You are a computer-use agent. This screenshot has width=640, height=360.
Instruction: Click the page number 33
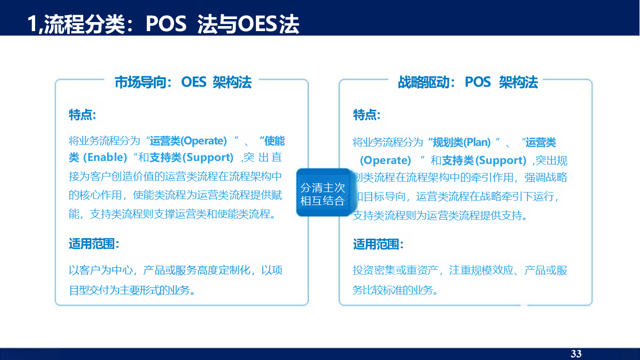[x=576, y=353]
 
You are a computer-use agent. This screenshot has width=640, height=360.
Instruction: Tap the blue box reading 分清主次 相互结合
[x=323, y=193]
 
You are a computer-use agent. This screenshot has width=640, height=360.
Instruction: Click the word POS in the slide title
[x=166, y=24]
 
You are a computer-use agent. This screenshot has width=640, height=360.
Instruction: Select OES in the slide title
[x=257, y=24]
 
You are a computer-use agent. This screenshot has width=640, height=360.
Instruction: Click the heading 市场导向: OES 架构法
[x=183, y=82]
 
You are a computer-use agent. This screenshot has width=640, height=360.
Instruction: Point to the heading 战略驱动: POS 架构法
[x=468, y=82]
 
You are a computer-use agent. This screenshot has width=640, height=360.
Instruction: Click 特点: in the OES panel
[x=82, y=115]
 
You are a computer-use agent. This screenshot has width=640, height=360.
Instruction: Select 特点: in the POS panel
[x=367, y=115]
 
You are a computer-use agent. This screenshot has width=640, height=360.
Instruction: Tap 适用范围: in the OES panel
[x=94, y=244]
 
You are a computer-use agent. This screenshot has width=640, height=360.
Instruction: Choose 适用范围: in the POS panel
[x=378, y=244]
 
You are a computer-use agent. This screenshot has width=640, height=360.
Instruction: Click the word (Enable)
[x=105, y=157]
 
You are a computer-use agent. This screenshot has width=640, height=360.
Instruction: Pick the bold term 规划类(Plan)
[x=462, y=142]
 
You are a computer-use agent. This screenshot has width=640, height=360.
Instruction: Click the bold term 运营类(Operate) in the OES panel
[x=188, y=141]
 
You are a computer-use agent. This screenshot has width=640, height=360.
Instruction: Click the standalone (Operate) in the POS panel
[x=385, y=160]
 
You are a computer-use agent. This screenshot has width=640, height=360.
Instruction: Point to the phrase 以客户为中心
[x=101, y=270]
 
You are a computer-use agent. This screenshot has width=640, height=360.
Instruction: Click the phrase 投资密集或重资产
[x=395, y=270]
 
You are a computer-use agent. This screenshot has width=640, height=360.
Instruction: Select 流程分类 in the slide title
[x=85, y=24]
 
